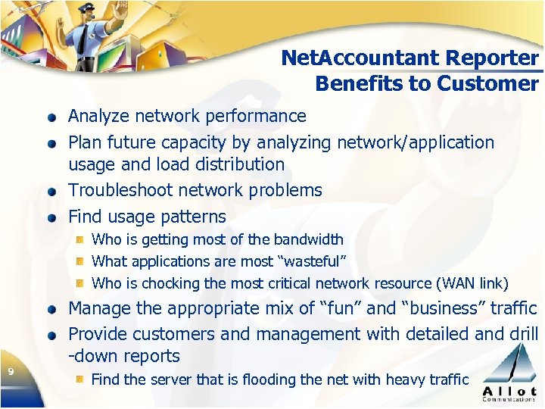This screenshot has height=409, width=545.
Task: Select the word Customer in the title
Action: pyautogui.click(x=493, y=83)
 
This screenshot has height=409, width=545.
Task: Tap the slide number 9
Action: pyautogui.click(x=11, y=371)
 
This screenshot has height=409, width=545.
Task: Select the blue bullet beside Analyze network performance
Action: pyautogui.click(x=51, y=117)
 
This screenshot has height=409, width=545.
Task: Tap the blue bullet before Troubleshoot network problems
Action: pyautogui.click(x=51, y=192)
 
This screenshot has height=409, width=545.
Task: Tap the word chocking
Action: pyautogui.click(x=168, y=283)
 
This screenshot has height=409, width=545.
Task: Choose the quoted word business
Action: pyautogui.click(x=441, y=308)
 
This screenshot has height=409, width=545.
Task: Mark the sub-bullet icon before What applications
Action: pyautogui.click(x=79, y=261)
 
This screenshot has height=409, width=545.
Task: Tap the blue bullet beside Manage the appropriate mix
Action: pyautogui.click(x=51, y=310)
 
